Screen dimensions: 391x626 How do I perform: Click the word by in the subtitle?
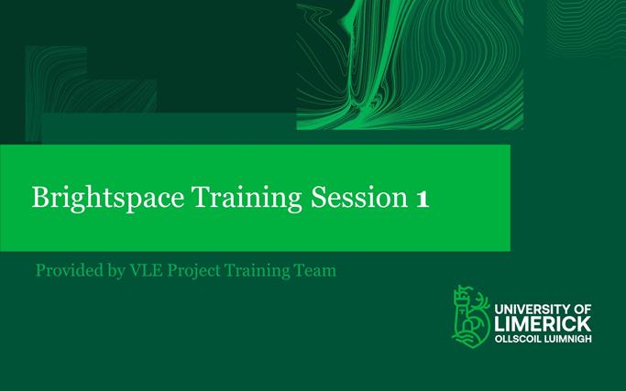[115, 272]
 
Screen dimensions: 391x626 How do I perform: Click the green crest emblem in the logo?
[469, 316]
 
